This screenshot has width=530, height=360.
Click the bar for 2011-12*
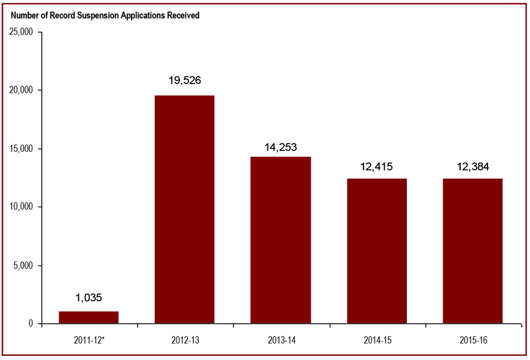point(89,317)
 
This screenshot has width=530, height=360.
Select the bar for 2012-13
point(184,209)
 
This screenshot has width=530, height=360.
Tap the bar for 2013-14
point(280,240)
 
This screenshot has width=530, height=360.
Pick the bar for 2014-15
point(376,251)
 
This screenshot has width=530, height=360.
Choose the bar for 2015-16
point(472,251)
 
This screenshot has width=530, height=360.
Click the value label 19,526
point(184,80)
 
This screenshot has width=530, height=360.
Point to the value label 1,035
point(89,298)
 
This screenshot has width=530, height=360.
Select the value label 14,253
point(280,147)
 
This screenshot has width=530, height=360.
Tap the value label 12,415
point(376,166)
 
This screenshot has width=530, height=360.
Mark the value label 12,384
point(472,166)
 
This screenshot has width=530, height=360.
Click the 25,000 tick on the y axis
point(21,32)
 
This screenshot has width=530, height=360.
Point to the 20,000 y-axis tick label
point(21,91)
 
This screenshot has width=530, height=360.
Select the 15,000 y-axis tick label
point(21,149)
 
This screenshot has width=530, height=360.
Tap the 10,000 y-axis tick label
point(21,207)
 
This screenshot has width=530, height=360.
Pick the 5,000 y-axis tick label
point(23,265)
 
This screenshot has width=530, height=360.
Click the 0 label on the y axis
point(31,324)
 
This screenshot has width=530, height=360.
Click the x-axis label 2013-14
point(280,340)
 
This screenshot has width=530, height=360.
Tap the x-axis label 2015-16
point(472,340)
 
